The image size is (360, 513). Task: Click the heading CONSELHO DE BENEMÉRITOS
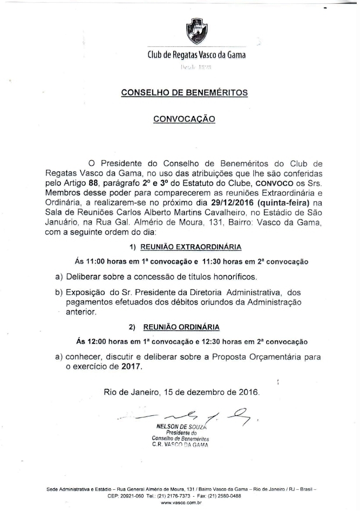click(x=185, y=92)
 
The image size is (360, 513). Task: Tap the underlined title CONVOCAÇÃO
click(x=185, y=119)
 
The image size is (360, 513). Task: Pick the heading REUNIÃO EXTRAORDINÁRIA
click(x=191, y=247)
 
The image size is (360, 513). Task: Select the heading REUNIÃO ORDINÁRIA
click(x=181, y=327)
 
